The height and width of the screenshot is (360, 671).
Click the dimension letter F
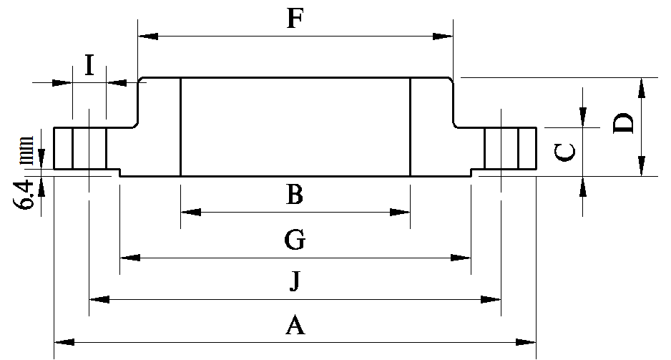[x=295, y=19]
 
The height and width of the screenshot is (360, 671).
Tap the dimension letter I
[x=89, y=65]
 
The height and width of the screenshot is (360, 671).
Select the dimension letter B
[x=295, y=195]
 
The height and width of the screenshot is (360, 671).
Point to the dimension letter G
[x=295, y=240]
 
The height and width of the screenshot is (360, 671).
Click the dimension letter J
[x=295, y=281]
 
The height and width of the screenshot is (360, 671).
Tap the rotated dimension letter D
[x=623, y=123]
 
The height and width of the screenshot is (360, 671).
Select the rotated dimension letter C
[x=565, y=152]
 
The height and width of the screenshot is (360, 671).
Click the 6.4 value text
[x=26, y=195]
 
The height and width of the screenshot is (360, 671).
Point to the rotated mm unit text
[x=26, y=150]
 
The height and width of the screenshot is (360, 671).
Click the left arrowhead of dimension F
[x=148, y=37]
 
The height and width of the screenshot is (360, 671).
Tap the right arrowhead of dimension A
[x=526, y=342]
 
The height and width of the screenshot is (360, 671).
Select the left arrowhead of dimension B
[x=191, y=212]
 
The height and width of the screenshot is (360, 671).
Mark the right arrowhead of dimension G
[x=461, y=258]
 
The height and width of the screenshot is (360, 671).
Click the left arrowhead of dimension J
[x=99, y=299]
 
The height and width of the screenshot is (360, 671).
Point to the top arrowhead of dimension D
[x=641, y=88]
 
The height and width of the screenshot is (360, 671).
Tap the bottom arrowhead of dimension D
[x=641, y=166]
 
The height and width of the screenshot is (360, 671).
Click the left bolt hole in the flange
[x=89, y=148]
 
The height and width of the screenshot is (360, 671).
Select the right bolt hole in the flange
[x=501, y=148]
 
